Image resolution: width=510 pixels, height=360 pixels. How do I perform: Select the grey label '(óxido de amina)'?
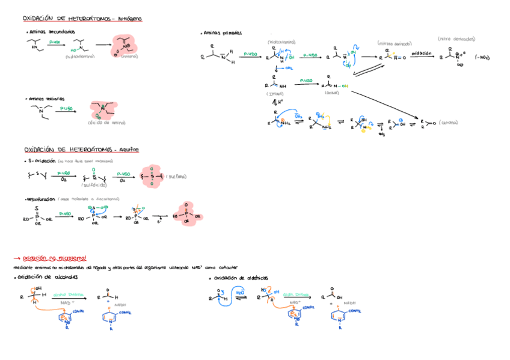point(107,123)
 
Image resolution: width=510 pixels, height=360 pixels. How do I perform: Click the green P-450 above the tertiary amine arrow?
point(66,108)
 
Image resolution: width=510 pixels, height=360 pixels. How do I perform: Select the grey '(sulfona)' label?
point(177,176)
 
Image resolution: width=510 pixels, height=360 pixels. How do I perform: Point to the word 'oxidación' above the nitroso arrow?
point(422,53)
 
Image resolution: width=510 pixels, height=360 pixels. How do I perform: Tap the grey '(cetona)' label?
point(449,122)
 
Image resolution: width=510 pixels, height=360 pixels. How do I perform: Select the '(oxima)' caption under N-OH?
point(331,93)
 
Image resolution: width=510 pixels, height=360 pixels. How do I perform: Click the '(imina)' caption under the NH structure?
point(275,94)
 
